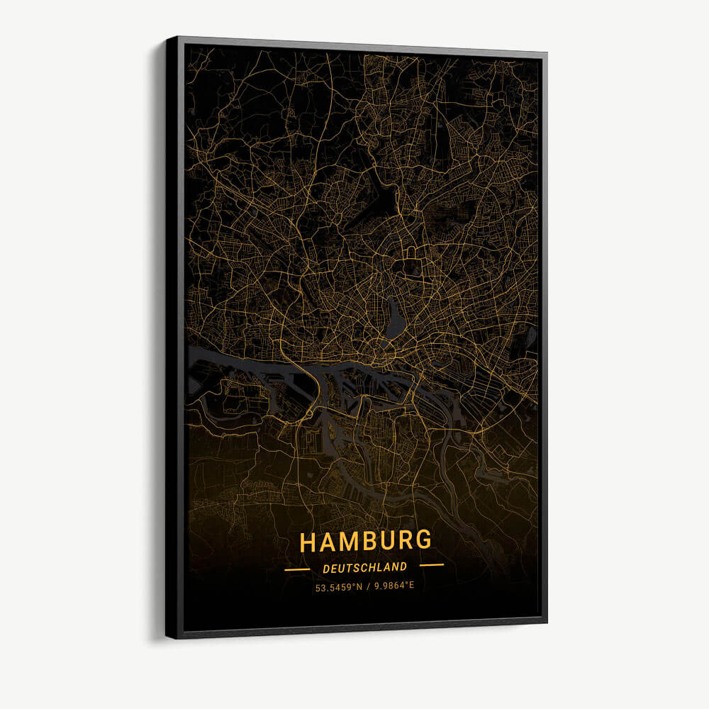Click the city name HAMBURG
(365, 541)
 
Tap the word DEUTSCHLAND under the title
(365, 567)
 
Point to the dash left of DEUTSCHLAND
(296, 569)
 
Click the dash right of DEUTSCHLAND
(431, 565)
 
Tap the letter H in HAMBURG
(308, 543)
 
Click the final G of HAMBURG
(423, 540)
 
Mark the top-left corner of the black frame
(168, 39)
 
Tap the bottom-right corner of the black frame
(546, 622)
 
